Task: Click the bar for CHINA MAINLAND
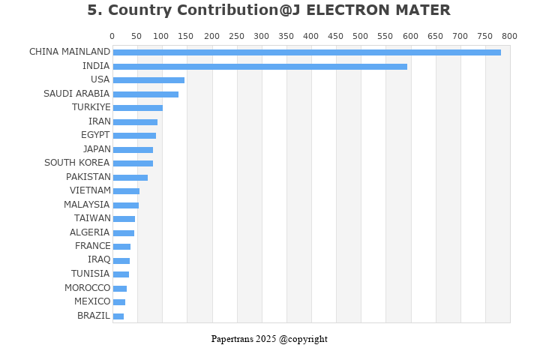(x=307, y=52)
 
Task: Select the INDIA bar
(x=259, y=67)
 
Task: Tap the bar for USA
(x=148, y=80)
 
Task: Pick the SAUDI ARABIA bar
(x=145, y=94)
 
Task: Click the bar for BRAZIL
(x=118, y=316)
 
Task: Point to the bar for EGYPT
(x=134, y=136)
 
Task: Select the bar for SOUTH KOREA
(x=133, y=163)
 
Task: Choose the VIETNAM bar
(x=126, y=191)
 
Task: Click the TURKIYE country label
(x=91, y=107)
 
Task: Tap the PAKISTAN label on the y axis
(x=88, y=177)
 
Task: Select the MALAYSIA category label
(x=86, y=205)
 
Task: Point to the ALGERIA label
(x=89, y=232)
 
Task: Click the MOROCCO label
(x=87, y=288)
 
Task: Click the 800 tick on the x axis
(x=509, y=36)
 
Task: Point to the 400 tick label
(x=311, y=36)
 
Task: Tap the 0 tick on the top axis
(x=112, y=36)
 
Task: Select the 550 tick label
(x=410, y=36)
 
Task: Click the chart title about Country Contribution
(x=268, y=10)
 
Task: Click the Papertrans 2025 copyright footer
(x=269, y=339)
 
